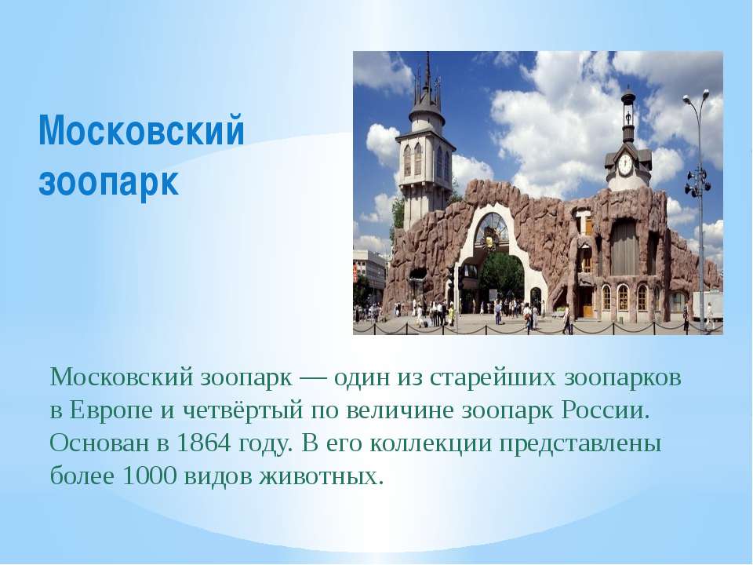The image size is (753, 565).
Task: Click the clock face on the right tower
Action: coord(625,164)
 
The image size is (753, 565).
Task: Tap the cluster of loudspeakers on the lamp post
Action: coord(697,182)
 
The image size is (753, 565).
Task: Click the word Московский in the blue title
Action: coord(142,129)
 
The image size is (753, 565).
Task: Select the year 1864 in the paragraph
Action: coord(204,443)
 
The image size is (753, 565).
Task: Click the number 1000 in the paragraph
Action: coord(151,476)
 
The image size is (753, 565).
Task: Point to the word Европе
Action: coord(111,410)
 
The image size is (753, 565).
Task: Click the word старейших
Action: coord(493,378)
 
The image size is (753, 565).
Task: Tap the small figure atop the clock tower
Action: coord(627,117)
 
